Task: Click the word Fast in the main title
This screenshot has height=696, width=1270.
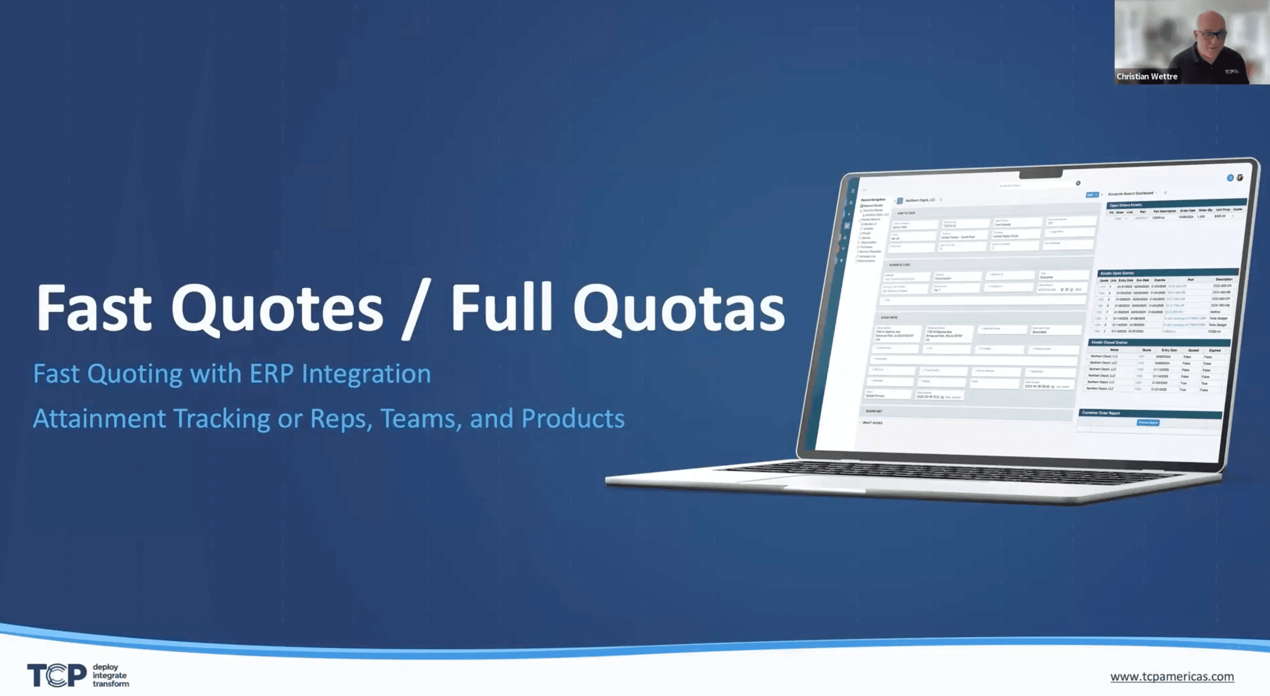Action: click(x=94, y=309)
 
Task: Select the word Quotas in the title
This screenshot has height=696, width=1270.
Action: click(x=678, y=309)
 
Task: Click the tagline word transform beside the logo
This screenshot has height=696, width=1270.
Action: click(x=111, y=684)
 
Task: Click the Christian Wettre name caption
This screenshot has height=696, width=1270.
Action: click(x=1147, y=76)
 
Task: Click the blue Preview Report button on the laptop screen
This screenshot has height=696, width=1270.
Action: click(x=1148, y=423)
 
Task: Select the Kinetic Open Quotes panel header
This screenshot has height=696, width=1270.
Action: click(x=1117, y=273)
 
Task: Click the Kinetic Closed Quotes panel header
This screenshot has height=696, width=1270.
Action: click(x=1109, y=342)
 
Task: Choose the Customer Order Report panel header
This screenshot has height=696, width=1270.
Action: click(x=1100, y=413)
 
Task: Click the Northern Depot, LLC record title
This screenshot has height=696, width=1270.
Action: click(x=920, y=200)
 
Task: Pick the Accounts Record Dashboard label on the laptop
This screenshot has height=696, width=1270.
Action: click(x=1130, y=194)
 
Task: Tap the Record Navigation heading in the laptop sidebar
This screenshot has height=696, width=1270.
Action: click(x=873, y=200)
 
